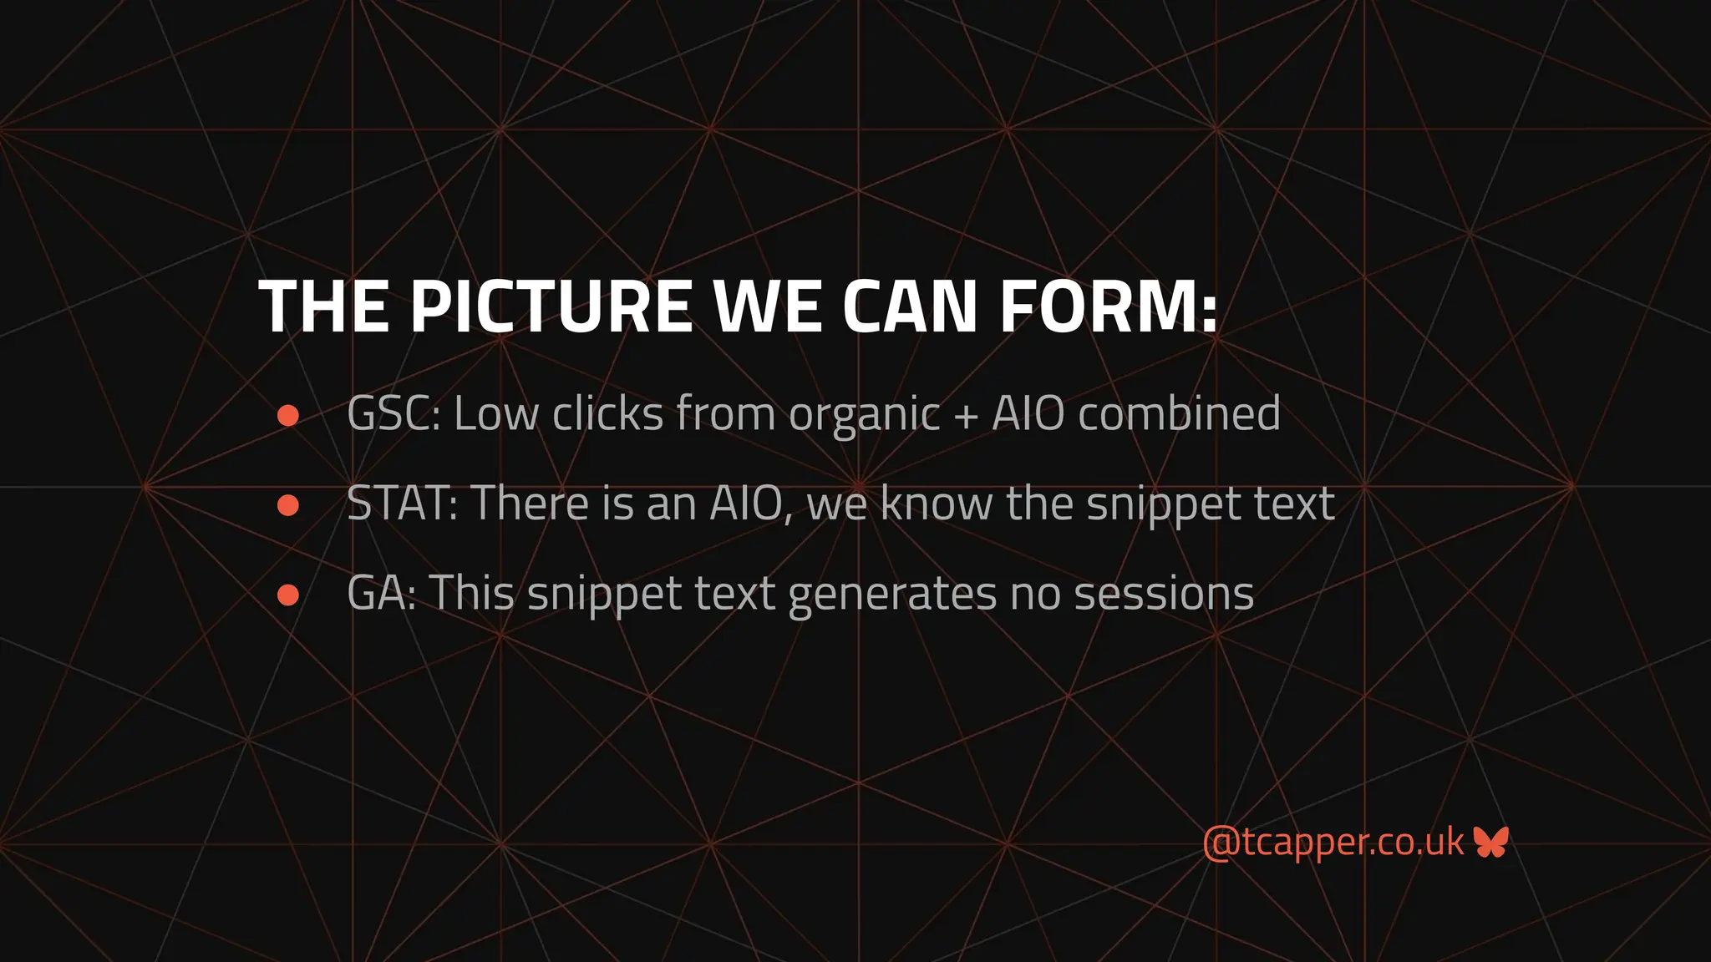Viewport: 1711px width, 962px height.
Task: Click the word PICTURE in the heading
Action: pyautogui.click(x=551, y=306)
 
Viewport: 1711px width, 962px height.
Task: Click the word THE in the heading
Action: pyautogui.click(x=323, y=306)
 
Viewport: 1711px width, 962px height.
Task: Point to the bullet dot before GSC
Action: pyautogui.click(x=288, y=416)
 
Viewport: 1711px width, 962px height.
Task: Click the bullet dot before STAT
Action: pyautogui.click(x=288, y=505)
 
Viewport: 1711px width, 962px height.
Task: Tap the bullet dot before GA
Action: pyautogui.click(x=288, y=595)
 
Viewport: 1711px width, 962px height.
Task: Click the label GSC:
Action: pyautogui.click(x=393, y=413)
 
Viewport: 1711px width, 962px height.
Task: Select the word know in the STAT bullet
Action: pyautogui.click(x=936, y=504)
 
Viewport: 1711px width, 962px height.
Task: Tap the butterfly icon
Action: pyautogui.click(x=1490, y=842)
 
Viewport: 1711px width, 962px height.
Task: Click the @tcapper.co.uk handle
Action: pyautogui.click(x=1333, y=842)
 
